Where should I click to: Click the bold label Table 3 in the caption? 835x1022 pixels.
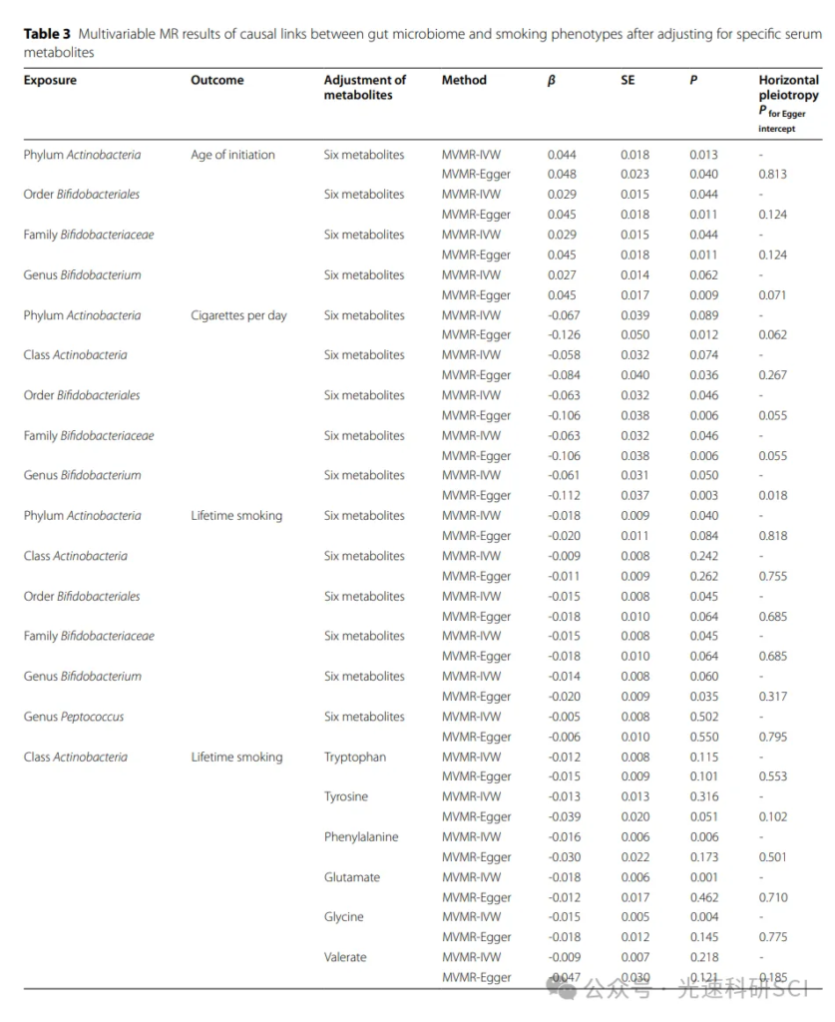coord(46,35)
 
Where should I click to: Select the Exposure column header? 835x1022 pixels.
coord(50,80)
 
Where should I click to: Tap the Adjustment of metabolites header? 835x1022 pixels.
coord(365,87)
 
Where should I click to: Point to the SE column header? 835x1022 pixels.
coord(627,80)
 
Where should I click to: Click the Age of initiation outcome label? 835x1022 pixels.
coord(232,155)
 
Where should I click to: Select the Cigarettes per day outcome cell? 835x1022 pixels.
coord(238,315)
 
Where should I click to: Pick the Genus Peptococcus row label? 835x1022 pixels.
coord(74,717)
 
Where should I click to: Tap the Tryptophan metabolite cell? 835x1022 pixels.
coord(354,757)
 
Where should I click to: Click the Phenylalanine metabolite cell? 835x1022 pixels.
coord(360,836)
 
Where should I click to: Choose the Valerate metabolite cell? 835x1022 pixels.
coord(345,957)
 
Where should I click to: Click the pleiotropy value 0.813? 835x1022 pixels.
coord(772,174)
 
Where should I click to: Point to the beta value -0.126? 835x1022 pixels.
coord(566,335)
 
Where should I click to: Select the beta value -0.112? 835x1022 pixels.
coord(566,495)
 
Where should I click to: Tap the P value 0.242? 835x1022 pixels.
coord(703,556)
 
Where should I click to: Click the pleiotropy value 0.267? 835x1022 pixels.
coord(772,375)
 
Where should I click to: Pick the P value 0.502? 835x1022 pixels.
coord(703,717)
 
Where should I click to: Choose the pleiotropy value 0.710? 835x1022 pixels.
coord(772,897)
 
